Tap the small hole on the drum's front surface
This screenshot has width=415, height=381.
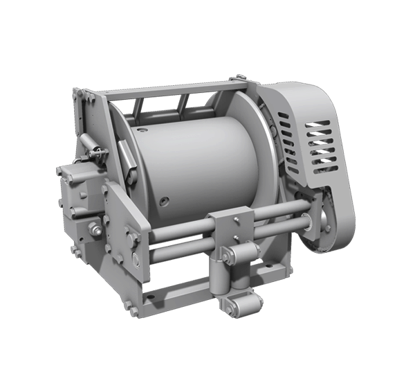pyautogui.click(x=165, y=202)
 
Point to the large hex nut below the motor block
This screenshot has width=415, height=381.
pyautogui.click(x=93, y=229)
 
